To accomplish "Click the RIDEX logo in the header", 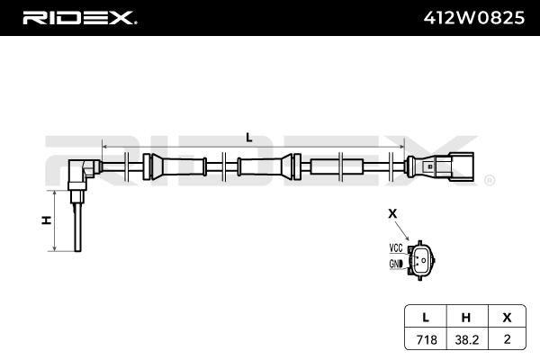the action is click(x=80, y=18).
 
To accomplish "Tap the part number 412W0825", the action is click(x=474, y=18).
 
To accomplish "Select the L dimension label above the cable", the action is click(x=249, y=138).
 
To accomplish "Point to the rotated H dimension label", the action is click(x=47, y=220).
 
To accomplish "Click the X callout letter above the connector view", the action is click(x=392, y=213).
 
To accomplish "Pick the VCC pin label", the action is click(x=396, y=247).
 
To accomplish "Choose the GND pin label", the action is click(x=396, y=264).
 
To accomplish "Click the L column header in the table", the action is click(x=426, y=318).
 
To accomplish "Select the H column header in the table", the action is click(x=466, y=318).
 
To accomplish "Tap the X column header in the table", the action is click(x=507, y=318).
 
